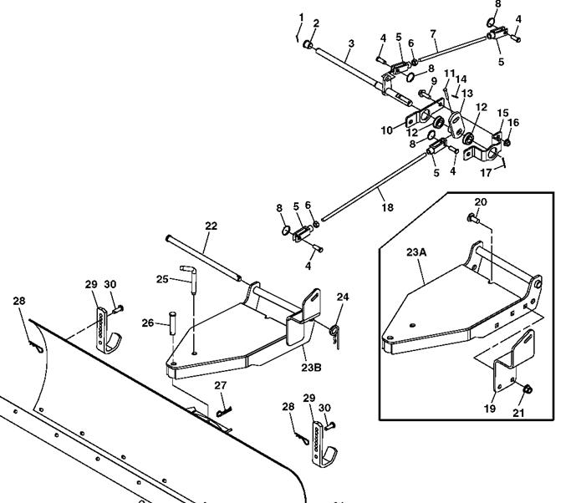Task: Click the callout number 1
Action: (301, 18)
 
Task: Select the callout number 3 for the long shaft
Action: (351, 43)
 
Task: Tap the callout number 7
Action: (433, 33)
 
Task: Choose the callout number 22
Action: (211, 226)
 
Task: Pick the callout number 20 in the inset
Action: (480, 202)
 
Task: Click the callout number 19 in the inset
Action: (490, 409)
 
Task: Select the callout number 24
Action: (343, 296)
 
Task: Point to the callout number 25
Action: (163, 278)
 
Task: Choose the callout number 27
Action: (220, 385)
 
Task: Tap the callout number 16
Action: (514, 123)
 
